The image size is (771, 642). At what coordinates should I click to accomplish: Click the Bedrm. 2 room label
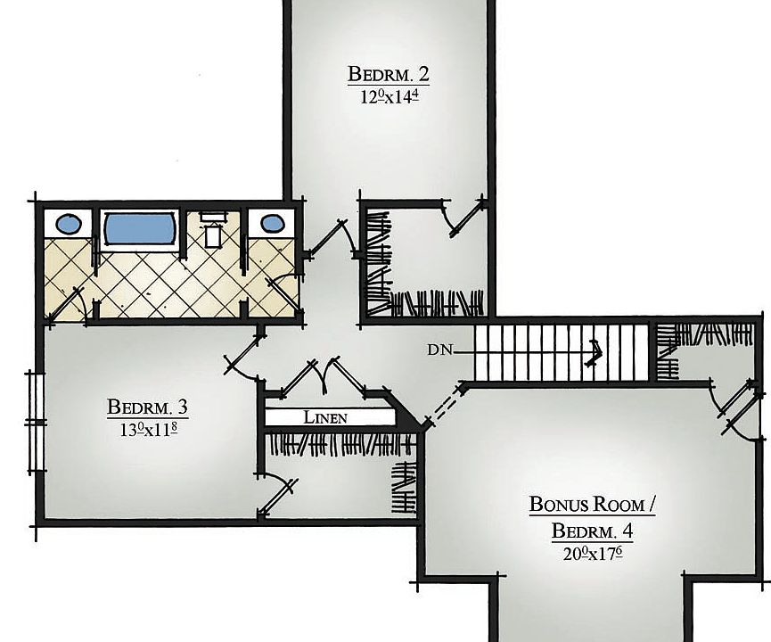[x=389, y=72]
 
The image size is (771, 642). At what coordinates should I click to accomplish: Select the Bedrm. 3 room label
[x=147, y=407]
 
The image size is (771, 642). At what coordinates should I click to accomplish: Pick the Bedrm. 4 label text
[x=592, y=531]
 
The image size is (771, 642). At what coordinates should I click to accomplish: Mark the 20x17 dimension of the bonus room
[x=592, y=554]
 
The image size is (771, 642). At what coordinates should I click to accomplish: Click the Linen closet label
[x=325, y=417]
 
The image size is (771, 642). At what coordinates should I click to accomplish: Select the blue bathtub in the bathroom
[x=140, y=228]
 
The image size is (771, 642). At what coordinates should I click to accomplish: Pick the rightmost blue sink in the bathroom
[x=269, y=224]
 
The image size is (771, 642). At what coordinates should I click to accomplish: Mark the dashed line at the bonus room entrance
[x=442, y=405]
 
